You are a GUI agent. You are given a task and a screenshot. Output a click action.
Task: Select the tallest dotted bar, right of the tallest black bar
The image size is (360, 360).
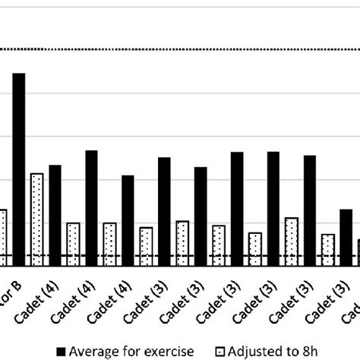tap(36, 219)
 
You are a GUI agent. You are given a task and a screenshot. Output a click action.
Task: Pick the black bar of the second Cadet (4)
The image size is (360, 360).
tap(91, 208)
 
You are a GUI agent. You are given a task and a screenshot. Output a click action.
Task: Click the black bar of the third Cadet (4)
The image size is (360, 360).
tap(128, 220)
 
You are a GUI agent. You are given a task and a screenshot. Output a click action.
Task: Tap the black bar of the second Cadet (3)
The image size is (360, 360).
tap(201, 216)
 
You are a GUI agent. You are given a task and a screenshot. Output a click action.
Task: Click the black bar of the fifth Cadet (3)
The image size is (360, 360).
tap(310, 210)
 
